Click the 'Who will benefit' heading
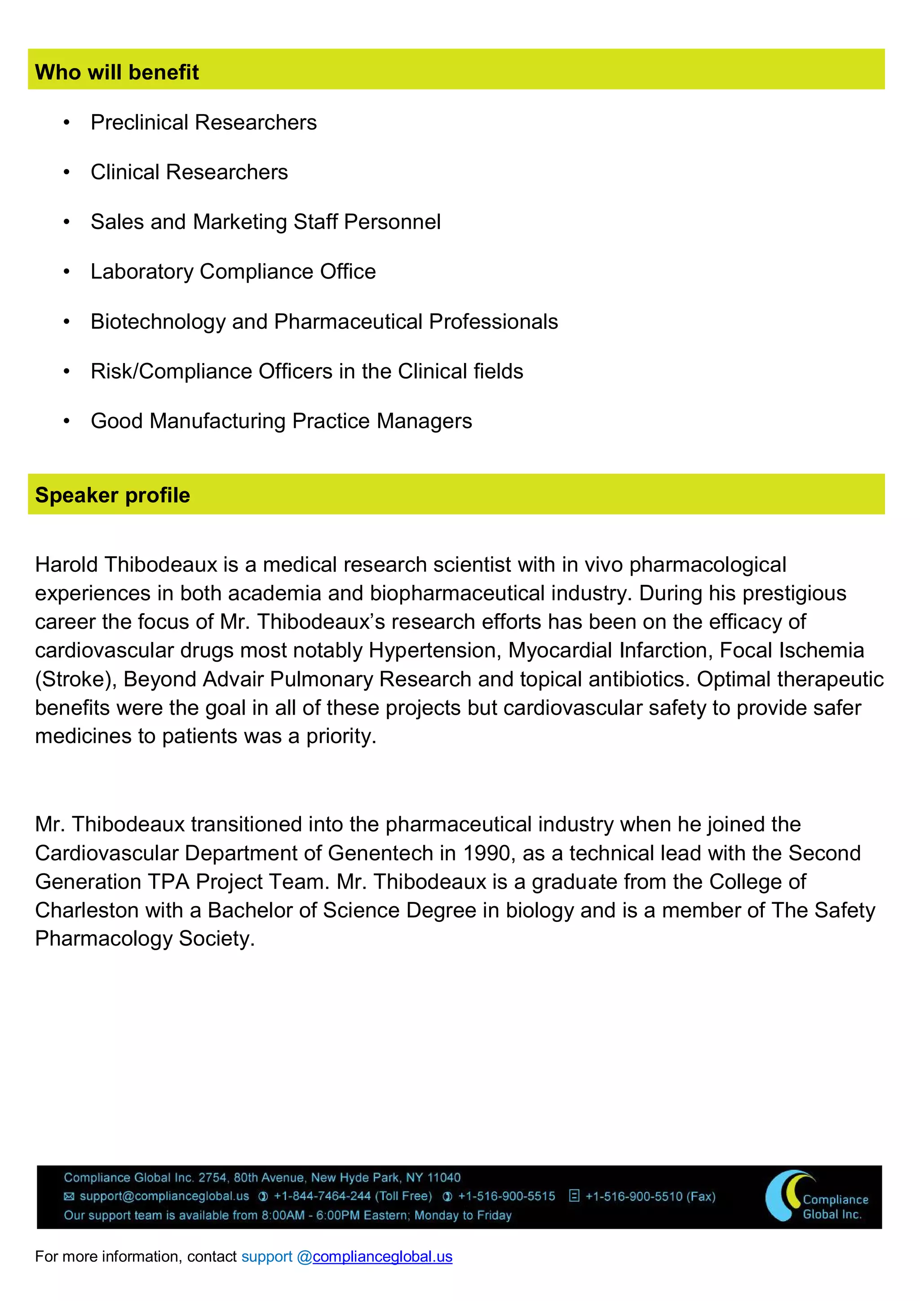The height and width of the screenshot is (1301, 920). pyautogui.click(x=117, y=72)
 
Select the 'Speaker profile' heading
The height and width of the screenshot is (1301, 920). pyautogui.click(x=112, y=495)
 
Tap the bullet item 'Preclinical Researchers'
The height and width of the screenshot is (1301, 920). pyautogui.click(x=203, y=122)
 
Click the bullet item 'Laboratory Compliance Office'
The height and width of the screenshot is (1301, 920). pyautogui.click(x=233, y=271)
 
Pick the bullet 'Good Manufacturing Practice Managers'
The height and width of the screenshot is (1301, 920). pyautogui.click(x=281, y=421)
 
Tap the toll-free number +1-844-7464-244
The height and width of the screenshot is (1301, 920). pyautogui.click(x=322, y=1196)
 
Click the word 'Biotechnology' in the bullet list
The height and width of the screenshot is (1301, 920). pyautogui.click(x=158, y=322)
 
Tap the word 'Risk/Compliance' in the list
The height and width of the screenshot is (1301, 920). pyautogui.click(x=171, y=371)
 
